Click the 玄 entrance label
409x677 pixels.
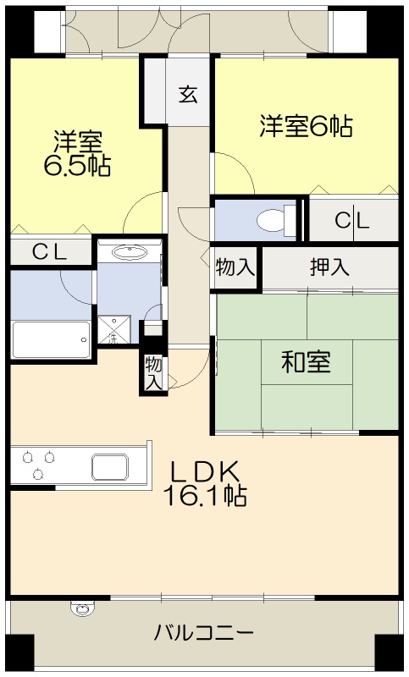tap(187, 94)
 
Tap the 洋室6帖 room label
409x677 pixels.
tap(306, 127)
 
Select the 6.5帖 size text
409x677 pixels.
tap(76, 165)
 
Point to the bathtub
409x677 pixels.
tap(51, 340)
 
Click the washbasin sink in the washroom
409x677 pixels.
tap(129, 251)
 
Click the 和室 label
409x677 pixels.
tap(306, 362)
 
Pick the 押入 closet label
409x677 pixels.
tap(329, 268)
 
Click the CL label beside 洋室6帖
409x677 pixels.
tap(352, 222)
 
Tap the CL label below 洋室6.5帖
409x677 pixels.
tap(51, 251)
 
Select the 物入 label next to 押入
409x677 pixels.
tap(235, 268)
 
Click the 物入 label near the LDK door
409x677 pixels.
tap(153, 373)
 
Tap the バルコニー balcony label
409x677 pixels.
tap(204, 632)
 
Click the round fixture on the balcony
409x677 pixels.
tap(82, 608)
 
